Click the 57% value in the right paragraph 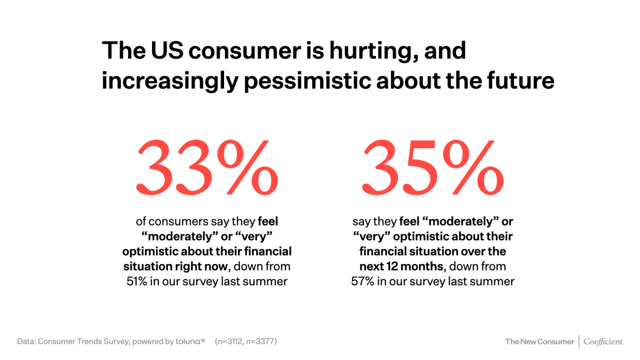(x=362, y=281)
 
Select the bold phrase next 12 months (x=400, y=266)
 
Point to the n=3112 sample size (x=233, y=341)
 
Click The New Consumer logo (x=539, y=341)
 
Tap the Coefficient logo (x=603, y=341)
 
